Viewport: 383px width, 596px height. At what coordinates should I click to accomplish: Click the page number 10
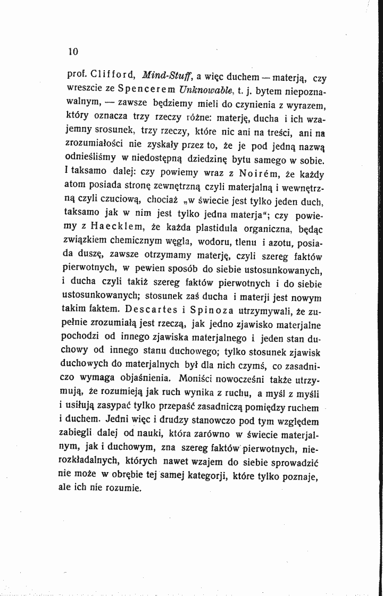[x=73, y=52]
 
